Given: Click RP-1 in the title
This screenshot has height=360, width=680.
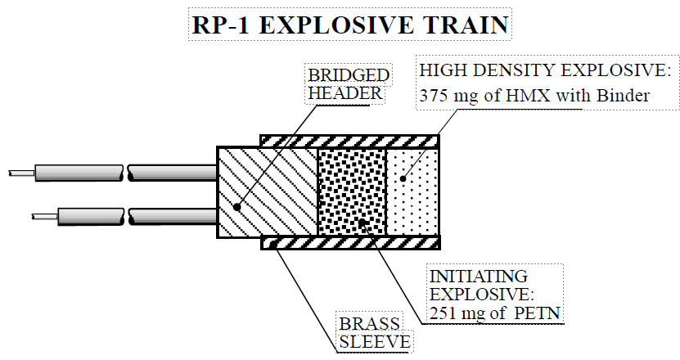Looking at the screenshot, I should (x=217, y=25).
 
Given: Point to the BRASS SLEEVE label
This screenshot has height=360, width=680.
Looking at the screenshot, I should (x=373, y=332).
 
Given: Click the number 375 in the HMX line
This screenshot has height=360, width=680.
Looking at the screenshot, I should (x=433, y=96).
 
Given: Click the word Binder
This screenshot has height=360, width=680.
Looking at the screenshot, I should (x=626, y=96).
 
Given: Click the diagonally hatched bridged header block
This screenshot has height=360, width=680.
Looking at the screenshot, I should (x=267, y=192).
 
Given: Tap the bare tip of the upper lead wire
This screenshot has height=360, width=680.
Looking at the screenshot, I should (x=20, y=173).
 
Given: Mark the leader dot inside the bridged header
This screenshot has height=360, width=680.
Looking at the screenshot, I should (x=236, y=208).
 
